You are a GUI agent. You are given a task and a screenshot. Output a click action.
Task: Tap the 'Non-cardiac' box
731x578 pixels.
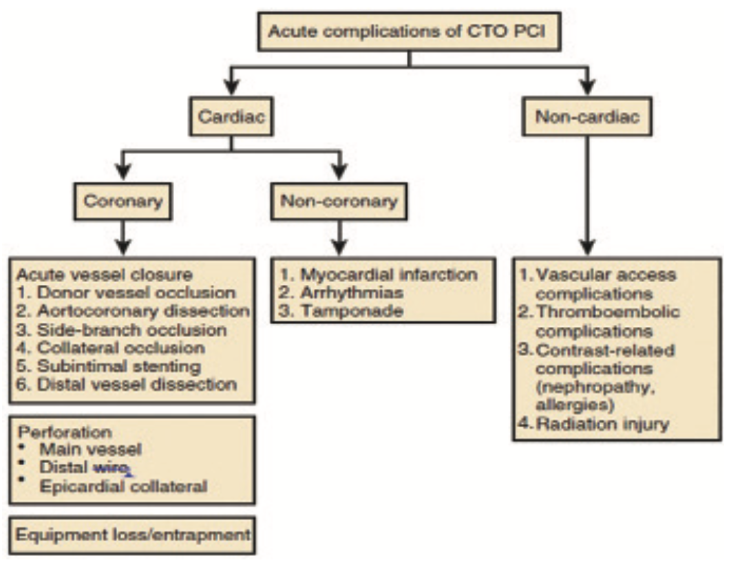coord(586,117)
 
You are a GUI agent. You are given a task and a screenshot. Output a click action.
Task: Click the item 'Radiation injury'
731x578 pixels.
coord(602,423)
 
